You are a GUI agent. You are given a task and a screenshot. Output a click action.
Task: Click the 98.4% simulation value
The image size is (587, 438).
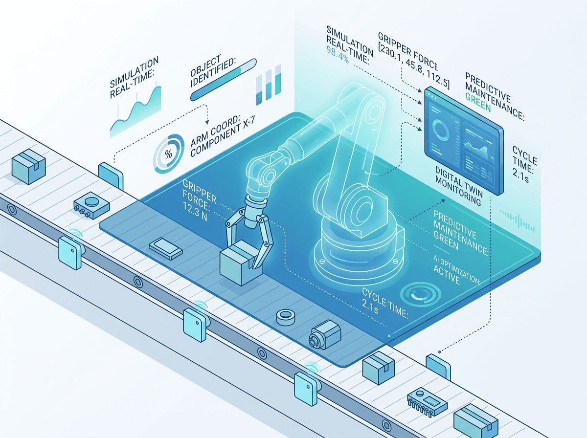[x=338, y=55]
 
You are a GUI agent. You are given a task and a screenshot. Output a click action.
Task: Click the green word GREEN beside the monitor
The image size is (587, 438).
[x=478, y=102]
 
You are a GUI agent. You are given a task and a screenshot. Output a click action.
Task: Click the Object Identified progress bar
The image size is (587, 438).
[x=223, y=80]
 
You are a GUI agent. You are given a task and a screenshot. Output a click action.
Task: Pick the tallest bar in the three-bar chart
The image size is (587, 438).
[x=278, y=79]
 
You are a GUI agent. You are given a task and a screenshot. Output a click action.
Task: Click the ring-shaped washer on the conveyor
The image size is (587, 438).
[x=286, y=317]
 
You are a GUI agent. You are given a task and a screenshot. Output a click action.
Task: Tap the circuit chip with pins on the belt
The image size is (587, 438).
[x=427, y=402]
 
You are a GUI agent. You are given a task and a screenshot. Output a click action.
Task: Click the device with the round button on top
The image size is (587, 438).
[x=91, y=205]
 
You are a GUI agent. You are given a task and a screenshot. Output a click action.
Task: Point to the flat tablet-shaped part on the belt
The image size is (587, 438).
[x=165, y=248]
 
